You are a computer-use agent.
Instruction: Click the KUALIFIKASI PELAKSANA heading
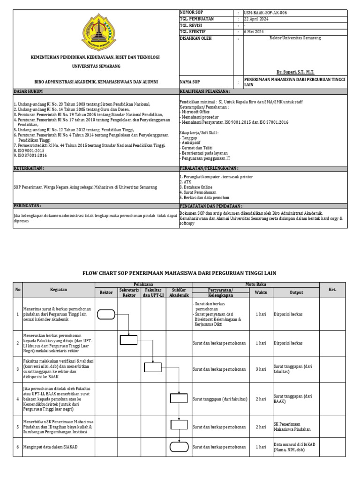[204, 91]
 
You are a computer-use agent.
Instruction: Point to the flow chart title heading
[180, 273]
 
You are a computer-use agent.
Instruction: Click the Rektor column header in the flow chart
[106, 292]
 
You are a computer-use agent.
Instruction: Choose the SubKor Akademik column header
[179, 292]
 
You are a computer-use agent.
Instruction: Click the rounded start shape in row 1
[106, 314]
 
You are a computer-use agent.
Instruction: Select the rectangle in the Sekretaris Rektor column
[129, 340]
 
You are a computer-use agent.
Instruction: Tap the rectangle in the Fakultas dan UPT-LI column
[153, 367]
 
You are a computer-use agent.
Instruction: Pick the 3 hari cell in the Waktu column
[261, 369]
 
